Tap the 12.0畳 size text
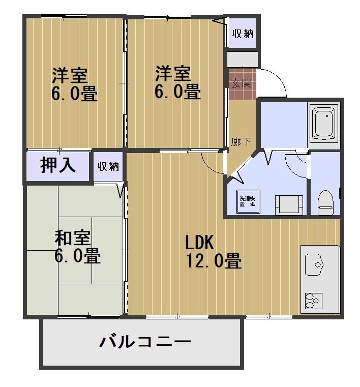pyautogui.click(x=213, y=261)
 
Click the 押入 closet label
pyautogui.click(x=58, y=166)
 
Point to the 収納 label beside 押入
pyautogui.click(x=108, y=166)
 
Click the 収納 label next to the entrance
pyautogui.click(x=243, y=34)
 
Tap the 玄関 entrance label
pyautogui.click(x=241, y=83)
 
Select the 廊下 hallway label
pyautogui.click(x=241, y=142)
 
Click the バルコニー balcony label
pyautogui.click(x=145, y=341)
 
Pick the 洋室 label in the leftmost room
pyautogui.click(x=69, y=75)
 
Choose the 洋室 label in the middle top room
pyautogui.click(x=173, y=74)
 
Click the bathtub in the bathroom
pyautogui.click(x=324, y=123)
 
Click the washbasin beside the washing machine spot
pyautogui.click(x=289, y=205)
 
